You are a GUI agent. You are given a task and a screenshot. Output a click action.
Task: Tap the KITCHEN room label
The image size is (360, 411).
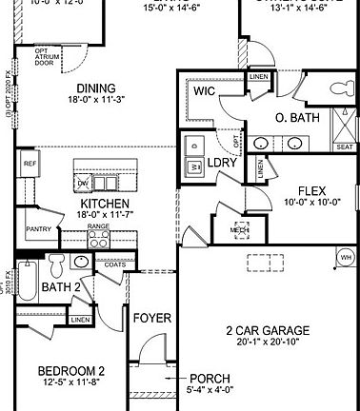tap(98, 204)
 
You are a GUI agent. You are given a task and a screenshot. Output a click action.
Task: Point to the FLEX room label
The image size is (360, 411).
tap(311, 190)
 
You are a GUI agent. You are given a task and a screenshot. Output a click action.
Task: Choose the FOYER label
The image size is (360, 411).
tap(150, 317)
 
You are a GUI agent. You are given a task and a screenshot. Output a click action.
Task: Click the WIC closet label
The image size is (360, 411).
tap(203, 91)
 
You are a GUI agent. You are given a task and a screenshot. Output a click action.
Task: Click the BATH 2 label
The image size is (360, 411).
tap(62, 286)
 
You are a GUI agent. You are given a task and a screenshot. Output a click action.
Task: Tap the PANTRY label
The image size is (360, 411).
tap(38, 228)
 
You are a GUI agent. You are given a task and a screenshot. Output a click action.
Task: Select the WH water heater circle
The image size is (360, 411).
tap(344, 257)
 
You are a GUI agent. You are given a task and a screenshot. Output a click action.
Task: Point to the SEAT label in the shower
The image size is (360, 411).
tap(344, 147)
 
